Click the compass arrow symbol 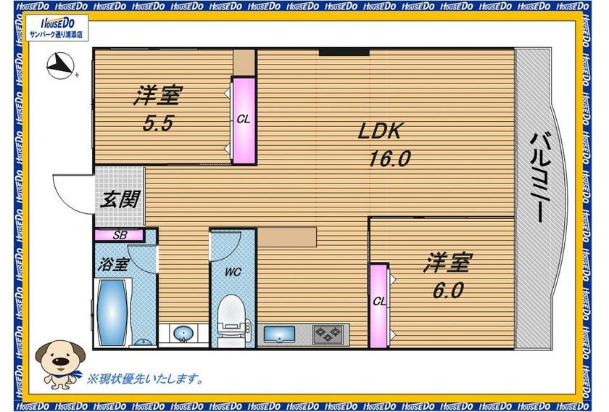pyautogui.click(x=60, y=65)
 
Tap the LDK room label pyautogui.click(x=379, y=131)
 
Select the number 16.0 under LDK pyautogui.click(x=389, y=159)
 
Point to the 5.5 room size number pyautogui.click(x=157, y=123)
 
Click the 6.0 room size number pyautogui.click(x=448, y=290)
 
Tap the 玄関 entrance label pyautogui.click(x=120, y=199)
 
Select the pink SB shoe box pyautogui.click(x=120, y=235)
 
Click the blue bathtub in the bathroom pyautogui.click(x=112, y=313)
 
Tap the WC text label pyautogui.click(x=233, y=272)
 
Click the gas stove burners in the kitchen pyautogui.click(x=328, y=334)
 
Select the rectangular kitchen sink pyautogui.click(x=279, y=334)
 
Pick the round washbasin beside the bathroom pyautogui.click(x=183, y=333)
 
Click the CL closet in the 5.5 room pyautogui.click(x=244, y=120)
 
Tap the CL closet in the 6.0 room pyautogui.click(x=378, y=306)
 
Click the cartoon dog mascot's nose pyautogui.click(x=60, y=361)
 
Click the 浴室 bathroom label pyautogui.click(x=112, y=265)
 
